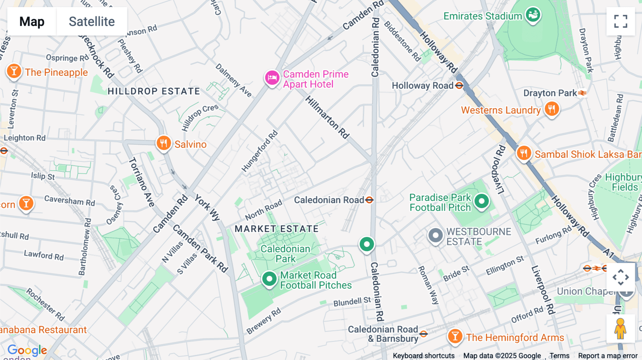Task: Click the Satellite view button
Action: [x=92, y=21]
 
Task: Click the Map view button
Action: [x=32, y=21]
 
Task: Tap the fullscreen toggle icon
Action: [x=621, y=21]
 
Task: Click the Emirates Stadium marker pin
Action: [x=533, y=15]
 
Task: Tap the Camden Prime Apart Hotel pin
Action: [x=272, y=77]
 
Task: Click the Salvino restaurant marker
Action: [x=164, y=143]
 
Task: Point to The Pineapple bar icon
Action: [x=14, y=71]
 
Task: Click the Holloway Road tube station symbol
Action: [x=459, y=86]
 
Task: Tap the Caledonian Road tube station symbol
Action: [x=370, y=200]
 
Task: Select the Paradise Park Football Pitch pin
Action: [x=481, y=201]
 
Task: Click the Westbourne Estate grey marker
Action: [x=435, y=235]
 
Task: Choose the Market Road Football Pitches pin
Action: [x=269, y=279]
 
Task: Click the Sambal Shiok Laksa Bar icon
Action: [x=524, y=153]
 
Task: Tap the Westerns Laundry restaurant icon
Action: [x=552, y=109]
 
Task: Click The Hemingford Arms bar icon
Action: [x=455, y=336]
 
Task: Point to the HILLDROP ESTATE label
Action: [x=154, y=91]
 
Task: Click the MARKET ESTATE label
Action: [x=276, y=229]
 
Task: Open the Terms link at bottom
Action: [x=559, y=355]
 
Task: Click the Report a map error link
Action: [x=608, y=355]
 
